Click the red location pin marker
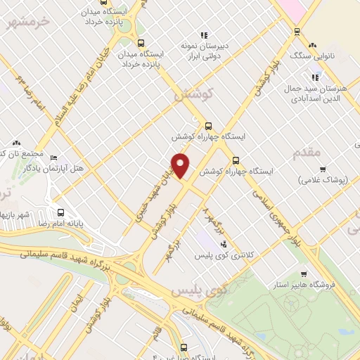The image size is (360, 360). click(x=181, y=165)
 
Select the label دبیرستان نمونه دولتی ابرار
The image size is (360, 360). click(x=204, y=51)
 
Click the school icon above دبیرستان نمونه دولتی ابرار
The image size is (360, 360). click(x=204, y=34)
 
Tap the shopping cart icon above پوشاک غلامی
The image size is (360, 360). click(x=323, y=169)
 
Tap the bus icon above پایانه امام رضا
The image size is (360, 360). click(x=60, y=212)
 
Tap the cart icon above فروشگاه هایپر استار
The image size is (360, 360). click(x=303, y=274)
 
